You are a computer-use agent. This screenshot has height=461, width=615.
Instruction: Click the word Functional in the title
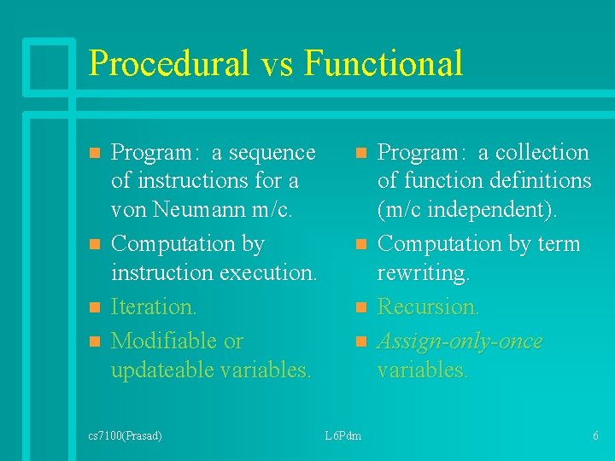point(384,64)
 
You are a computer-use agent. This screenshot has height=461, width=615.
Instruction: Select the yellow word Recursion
point(429,306)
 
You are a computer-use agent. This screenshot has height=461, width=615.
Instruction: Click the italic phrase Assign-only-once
point(460,341)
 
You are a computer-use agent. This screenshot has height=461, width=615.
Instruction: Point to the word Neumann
point(195,209)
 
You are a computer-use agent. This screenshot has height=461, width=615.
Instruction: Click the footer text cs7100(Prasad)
point(125,436)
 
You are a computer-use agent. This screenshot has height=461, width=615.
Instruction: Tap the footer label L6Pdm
point(343,436)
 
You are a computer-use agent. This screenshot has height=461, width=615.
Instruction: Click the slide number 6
point(595,436)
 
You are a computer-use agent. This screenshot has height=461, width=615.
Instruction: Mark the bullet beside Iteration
point(96,306)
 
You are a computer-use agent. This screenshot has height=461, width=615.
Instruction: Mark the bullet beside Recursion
point(361,306)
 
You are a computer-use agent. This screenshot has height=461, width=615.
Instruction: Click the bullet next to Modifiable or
point(96,341)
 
